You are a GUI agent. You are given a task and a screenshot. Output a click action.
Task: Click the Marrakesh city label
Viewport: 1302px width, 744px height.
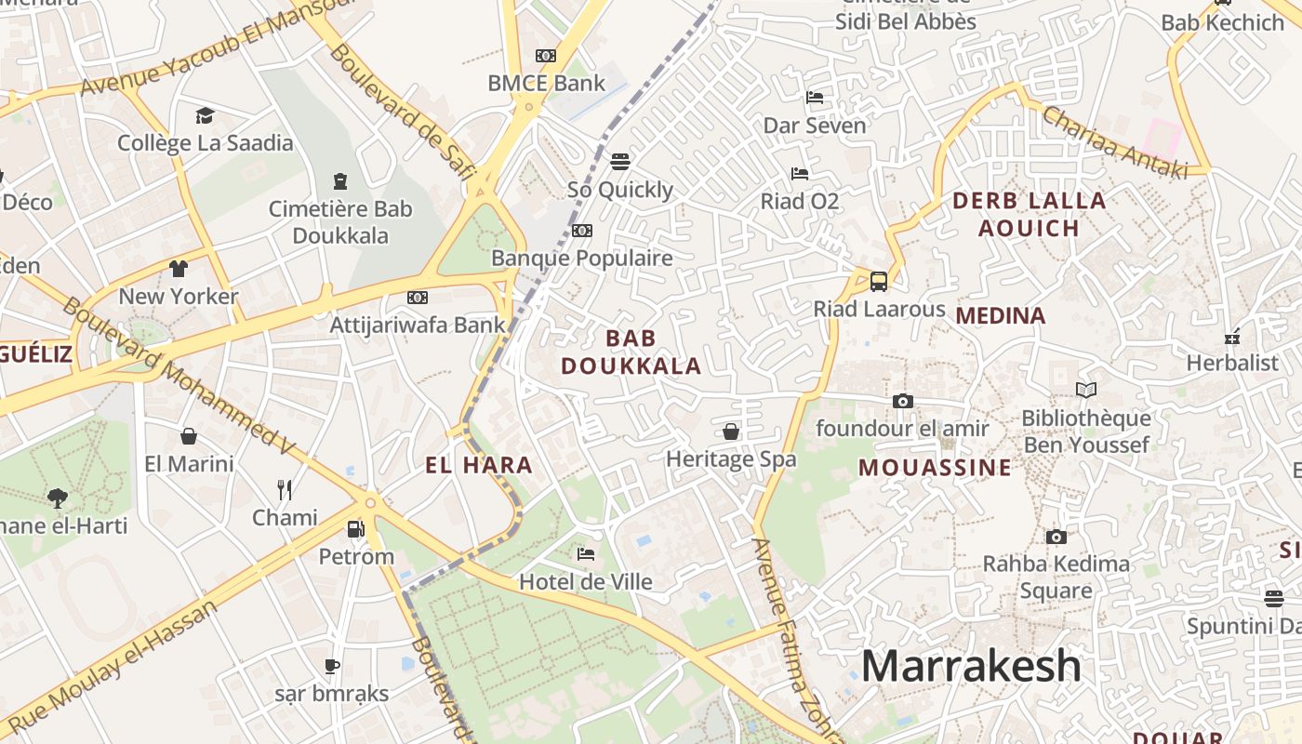tap(971, 666)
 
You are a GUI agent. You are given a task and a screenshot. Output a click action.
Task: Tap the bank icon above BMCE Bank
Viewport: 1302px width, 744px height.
tap(546, 56)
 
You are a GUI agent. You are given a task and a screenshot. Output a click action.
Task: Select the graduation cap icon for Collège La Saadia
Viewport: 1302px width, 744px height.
tap(205, 115)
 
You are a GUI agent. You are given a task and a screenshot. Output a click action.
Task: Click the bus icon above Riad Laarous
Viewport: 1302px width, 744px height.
tap(879, 281)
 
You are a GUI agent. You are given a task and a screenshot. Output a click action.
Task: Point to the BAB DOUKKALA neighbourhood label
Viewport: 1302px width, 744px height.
tap(631, 352)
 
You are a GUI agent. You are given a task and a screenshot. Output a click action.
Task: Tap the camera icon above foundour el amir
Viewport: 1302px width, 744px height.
tap(902, 401)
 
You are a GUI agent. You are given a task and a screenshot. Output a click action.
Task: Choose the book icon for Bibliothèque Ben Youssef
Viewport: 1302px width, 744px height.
tap(1086, 391)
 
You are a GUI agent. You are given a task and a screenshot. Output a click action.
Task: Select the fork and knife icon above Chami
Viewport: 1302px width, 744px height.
tap(285, 489)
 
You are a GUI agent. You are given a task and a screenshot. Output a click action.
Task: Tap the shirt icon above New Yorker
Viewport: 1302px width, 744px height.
tap(179, 269)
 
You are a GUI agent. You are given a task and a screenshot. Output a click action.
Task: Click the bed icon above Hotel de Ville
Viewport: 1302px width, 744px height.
tap(586, 554)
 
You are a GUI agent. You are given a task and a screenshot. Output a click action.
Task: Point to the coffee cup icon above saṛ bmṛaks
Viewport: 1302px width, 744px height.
tap(331, 666)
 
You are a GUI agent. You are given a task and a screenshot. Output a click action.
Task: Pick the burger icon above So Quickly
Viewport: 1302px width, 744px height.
tap(620, 162)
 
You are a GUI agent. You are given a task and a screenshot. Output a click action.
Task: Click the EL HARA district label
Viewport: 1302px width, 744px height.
tap(479, 465)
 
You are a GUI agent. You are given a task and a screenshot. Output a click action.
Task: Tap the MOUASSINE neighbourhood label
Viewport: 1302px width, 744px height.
tap(934, 467)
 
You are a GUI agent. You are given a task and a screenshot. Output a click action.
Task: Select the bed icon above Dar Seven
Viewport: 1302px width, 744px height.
tap(815, 98)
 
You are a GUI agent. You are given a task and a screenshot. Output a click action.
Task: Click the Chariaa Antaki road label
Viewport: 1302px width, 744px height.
tap(1115, 142)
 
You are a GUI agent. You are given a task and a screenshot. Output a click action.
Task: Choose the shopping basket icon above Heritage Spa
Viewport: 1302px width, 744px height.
tap(731, 432)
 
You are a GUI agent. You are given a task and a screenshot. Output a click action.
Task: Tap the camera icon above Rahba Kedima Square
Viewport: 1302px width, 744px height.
tap(1056, 537)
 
